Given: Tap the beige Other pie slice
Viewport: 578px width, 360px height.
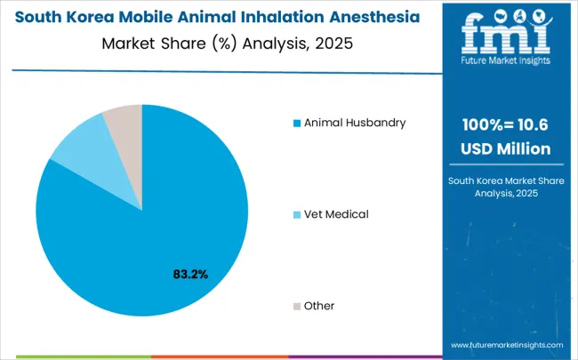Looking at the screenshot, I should pyautogui.click(x=124, y=121).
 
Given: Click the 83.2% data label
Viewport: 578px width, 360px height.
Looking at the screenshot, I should pyautogui.click(x=190, y=275).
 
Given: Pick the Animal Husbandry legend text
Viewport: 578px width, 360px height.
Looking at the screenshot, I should pyautogui.click(x=355, y=123).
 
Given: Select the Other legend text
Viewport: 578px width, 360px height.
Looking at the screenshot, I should pyautogui.click(x=319, y=306).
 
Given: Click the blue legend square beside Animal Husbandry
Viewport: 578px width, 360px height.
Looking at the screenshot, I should pyautogui.click(x=296, y=123).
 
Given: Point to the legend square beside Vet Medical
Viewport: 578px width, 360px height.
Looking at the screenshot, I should pyautogui.click(x=296, y=214).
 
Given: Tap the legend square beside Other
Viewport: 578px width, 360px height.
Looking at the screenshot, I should pyautogui.click(x=296, y=306).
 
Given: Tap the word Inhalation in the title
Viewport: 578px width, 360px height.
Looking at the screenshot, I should pyautogui.click(x=284, y=18).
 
